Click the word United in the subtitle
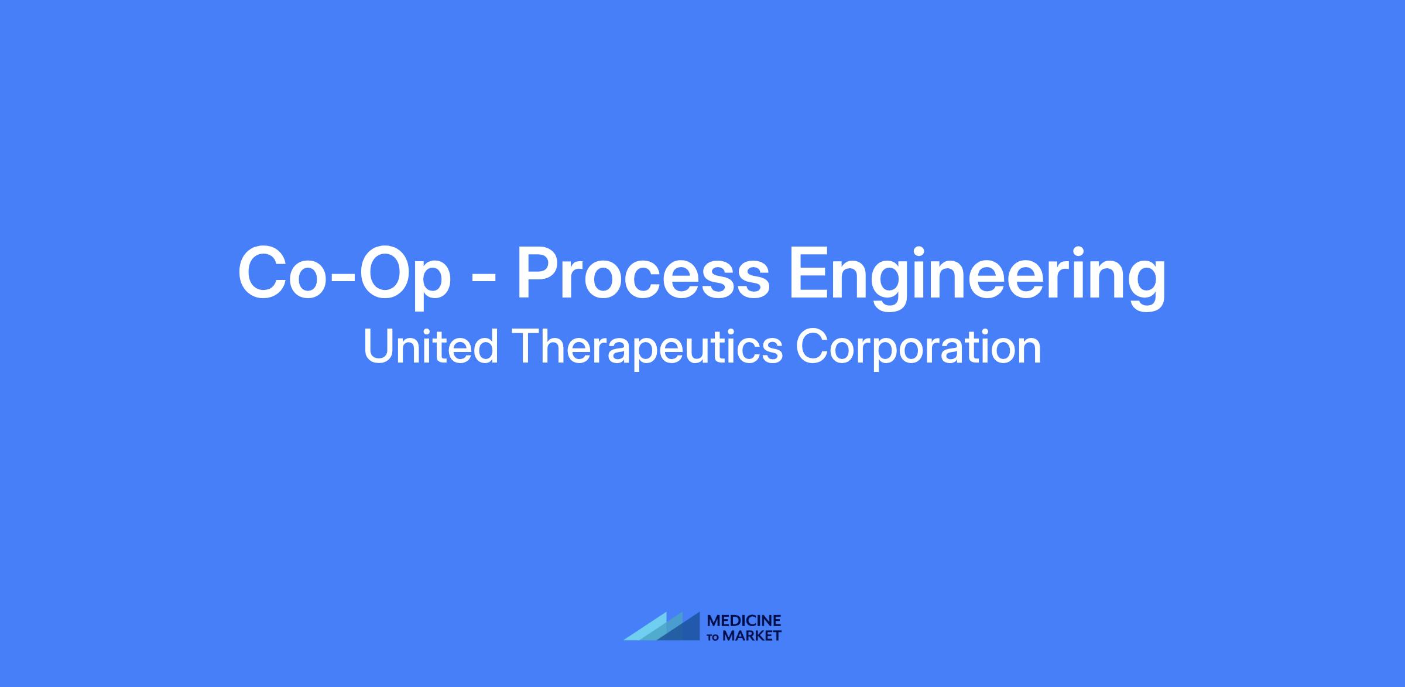[431, 347]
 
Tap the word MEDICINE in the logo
[744, 621]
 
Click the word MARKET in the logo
[752, 635]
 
